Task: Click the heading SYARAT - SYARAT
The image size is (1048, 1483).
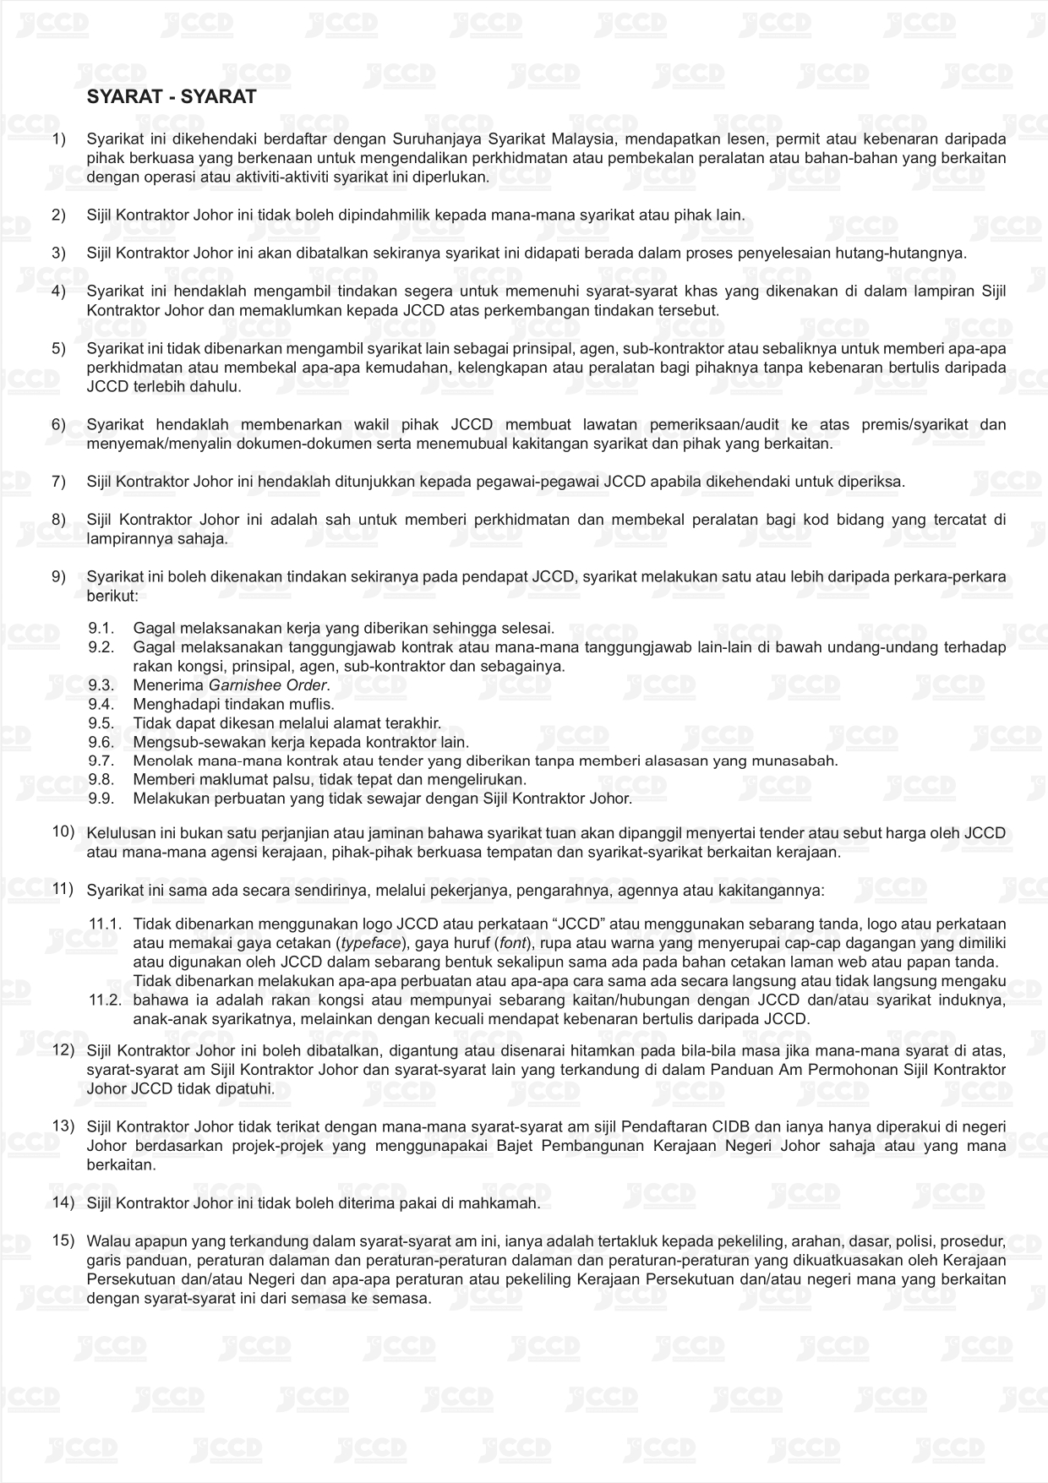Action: pos(172,97)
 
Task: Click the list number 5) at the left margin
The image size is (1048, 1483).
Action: pos(58,348)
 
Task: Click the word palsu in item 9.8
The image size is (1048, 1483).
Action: pos(253,779)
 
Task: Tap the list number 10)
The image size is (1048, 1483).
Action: pos(63,831)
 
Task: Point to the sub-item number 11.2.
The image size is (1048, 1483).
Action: pos(106,1000)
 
